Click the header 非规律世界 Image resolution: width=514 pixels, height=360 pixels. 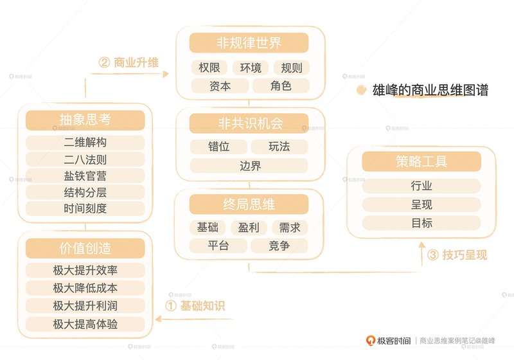[x=249, y=42]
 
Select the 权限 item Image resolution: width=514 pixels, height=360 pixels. [x=209, y=67]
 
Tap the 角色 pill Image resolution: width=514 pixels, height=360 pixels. [x=281, y=85]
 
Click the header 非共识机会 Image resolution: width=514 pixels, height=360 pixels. [x=249, y=123]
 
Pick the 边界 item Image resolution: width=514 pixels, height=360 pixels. [x=249, y=166]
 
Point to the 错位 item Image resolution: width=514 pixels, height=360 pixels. [x=218, y=146]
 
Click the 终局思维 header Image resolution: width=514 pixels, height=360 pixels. [x=249, y=204]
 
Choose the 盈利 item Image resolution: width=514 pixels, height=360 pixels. [x=249, y=227]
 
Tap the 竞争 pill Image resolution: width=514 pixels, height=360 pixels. [x=279, y=246]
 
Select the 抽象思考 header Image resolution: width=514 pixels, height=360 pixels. [x=85, y=120]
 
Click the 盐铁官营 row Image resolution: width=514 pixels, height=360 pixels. [x=85, y=175]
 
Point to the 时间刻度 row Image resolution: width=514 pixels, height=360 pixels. [x=85, y=208]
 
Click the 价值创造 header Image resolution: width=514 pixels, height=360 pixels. [x=85, y=248]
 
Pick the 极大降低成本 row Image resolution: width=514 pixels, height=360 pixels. [x=85, y=288]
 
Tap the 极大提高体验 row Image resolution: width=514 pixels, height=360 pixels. [x=85, y=324]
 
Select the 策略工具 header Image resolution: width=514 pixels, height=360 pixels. [x=421, y=161]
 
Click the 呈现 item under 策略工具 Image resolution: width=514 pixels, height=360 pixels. [x=421, y=204]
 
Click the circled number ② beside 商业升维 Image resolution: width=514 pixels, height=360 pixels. [x=104, y=62]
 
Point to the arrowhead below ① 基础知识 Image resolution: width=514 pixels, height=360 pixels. [x=158, y=319]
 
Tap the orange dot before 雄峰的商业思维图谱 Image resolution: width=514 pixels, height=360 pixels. [x=361, y=90]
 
